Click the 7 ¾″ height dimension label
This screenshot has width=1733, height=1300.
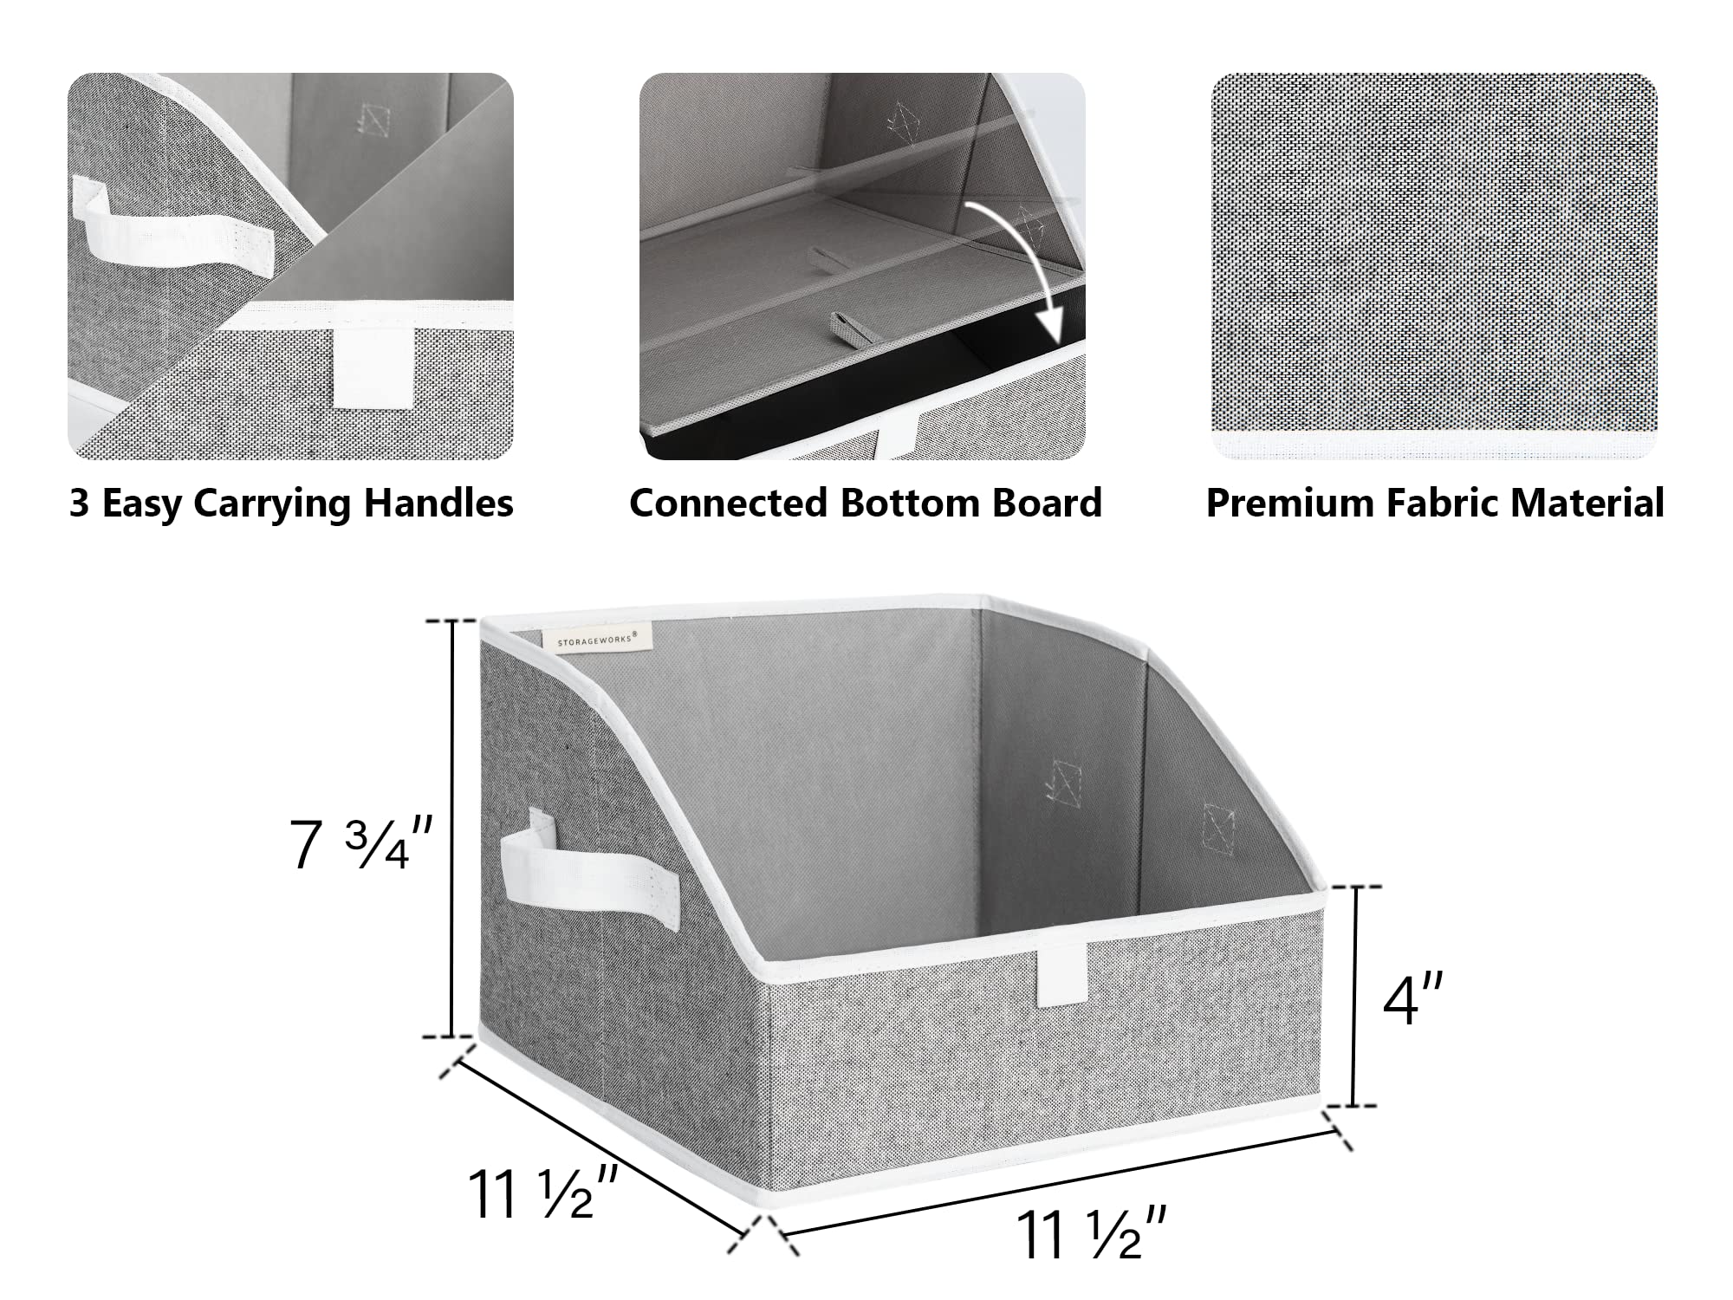click(x=360, y=845)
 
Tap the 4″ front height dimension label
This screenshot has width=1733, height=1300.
click(x=1412, y=999)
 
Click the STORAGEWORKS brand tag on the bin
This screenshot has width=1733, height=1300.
click(x=597, y=639)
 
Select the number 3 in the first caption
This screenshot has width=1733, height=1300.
click(x=79, y=503)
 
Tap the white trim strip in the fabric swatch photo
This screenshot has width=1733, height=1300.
click(x=1434, y=447)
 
